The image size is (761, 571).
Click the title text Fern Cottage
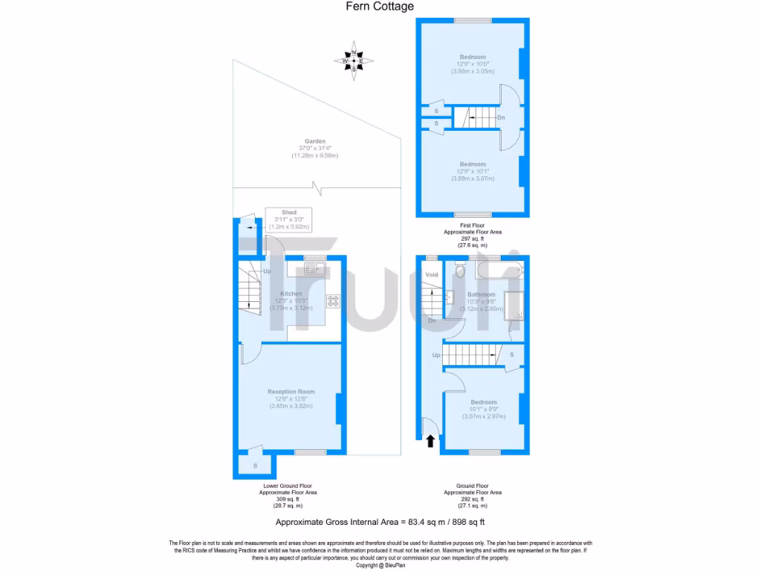[x=380, y=7]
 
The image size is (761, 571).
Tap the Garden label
[x=315, y=141]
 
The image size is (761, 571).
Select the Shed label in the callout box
[x=288, y=213]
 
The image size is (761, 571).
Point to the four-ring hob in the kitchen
[x=334, y=301]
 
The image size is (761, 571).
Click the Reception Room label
[x=291, y=392]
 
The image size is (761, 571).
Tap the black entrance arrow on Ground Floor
[x=430, y=441]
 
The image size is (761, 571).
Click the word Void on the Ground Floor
[x=432, y=275]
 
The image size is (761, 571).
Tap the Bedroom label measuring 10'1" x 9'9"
[x=483, y=402]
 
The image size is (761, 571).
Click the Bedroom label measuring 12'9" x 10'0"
[x=473, y=57]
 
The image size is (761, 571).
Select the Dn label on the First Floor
[x=502, y=117]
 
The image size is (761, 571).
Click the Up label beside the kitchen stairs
[x=266, y=271]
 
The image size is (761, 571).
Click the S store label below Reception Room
[x=255, y=465]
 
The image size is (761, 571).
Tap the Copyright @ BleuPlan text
[x=380, y=565]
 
